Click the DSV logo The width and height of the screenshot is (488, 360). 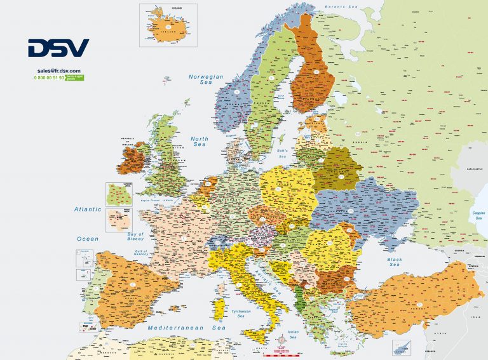[58, 48]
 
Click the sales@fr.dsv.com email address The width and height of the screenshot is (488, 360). [58, 70]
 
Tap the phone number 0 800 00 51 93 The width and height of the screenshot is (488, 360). [49, 77]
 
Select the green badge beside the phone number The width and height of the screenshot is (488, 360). [75, 77]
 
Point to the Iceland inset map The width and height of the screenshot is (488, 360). [168, 25]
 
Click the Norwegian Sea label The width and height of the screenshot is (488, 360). [206, 79]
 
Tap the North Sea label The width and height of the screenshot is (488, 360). [200, 142]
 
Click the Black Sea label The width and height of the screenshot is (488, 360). [395, 262]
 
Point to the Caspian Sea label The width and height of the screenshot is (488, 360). [476, 215]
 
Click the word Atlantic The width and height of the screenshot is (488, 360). [88, 209]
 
